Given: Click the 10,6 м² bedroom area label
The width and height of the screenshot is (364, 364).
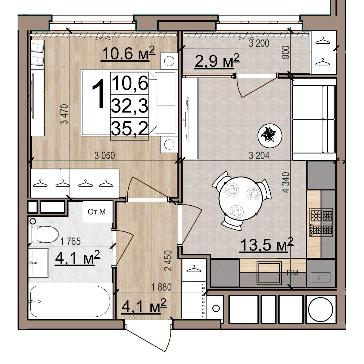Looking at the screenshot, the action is pyautogui.click(x=128, y=54).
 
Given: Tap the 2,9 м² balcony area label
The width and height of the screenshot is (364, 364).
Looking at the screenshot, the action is pyautogui.click(x=217, y=61).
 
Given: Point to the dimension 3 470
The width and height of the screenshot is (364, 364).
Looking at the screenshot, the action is pyautogui.click(x=64, y=114).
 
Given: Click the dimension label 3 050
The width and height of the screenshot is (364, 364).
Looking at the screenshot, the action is pyautogui.click(x=105, y=156).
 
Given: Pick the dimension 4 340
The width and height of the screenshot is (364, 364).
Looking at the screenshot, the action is pyautogui.click(x=286, y=182).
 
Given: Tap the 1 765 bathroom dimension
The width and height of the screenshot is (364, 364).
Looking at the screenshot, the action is pyautogui.click(x=70, y=241).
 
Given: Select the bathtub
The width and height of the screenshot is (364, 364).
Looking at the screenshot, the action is pyautogui.click(x=70, y=302).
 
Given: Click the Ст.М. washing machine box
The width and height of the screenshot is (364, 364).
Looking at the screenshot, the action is pyautogui.click(x=98, y=212).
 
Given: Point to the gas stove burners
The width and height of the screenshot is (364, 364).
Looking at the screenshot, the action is pyautogui.click(x=321, y=223).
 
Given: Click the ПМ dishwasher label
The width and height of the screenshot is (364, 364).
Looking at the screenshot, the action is pyautogui.click(x=292, y=273).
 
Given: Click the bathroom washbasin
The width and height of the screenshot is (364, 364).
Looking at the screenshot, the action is pyautogui.click(x=40, y=263).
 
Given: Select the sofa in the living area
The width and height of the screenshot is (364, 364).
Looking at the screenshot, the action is pyautogui.click(x=314, y=119).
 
